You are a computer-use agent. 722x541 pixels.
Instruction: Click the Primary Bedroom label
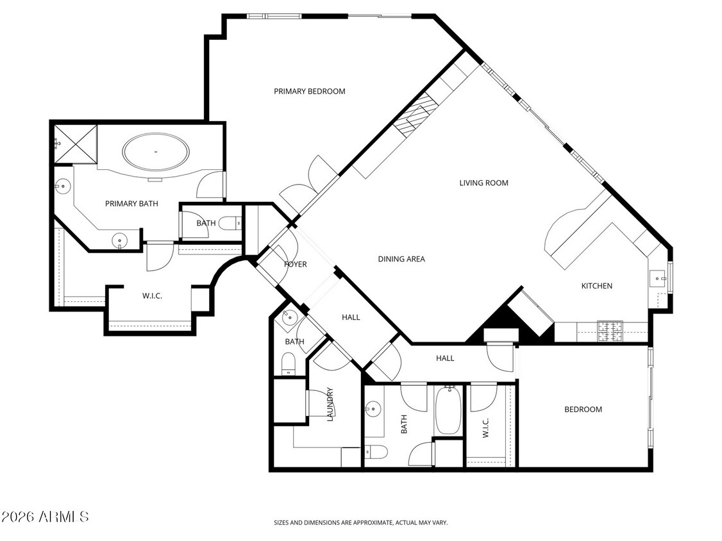click(309, 92)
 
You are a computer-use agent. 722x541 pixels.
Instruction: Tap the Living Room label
click(483, 183)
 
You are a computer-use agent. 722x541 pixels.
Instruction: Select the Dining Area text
click(401, 260)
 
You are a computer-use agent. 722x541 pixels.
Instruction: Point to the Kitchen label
click(596, 286)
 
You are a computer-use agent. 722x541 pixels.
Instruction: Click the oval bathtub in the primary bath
click(156, 153)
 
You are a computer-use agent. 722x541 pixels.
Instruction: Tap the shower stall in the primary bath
click(75, 143)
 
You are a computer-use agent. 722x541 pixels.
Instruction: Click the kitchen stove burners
click(610, 330)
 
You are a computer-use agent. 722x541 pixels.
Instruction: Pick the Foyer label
click(295, 265)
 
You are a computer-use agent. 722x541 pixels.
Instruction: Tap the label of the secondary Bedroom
click(583, 410)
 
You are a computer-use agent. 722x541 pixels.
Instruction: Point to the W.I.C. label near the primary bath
click(152, 296)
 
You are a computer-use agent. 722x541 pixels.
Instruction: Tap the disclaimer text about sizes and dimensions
click(360, 523)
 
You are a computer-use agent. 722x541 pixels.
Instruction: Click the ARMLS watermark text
click(45, 517)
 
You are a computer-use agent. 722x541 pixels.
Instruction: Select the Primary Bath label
click(131, 204)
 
